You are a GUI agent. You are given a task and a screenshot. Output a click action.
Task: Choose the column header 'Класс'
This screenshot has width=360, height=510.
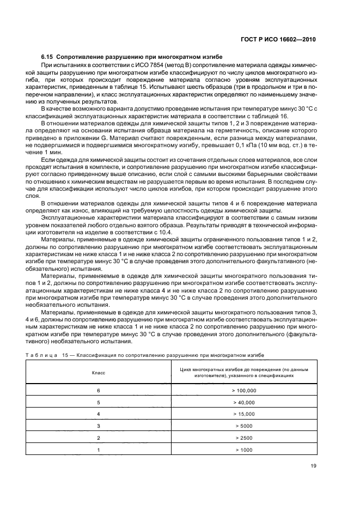[x=99, y=374]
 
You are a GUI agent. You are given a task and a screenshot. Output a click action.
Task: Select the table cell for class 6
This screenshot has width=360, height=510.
[x=99, y=391]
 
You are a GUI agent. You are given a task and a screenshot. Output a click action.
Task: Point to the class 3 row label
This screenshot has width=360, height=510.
[x=99, y=426]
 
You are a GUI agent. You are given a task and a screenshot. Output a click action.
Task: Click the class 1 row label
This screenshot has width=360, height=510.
[x=99, y=450]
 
